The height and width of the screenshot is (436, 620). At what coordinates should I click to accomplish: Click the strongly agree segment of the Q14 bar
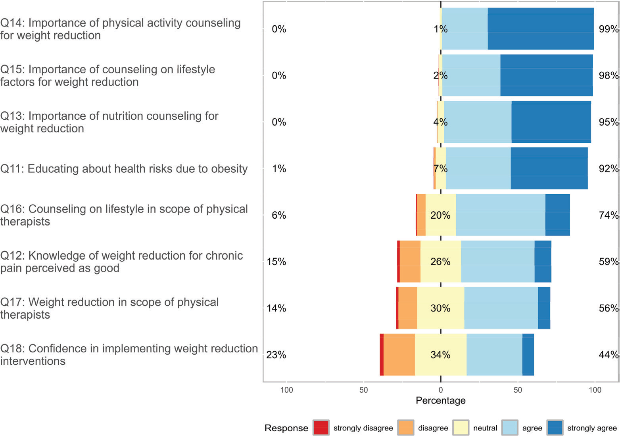pyautogui.click(x=541, y=29)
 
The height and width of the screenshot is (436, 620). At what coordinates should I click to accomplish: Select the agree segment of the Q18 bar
pyautogui.click(x=494, y=355)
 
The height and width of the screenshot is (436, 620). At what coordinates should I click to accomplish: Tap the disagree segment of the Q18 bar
pyautogui.click(x=399, y=355)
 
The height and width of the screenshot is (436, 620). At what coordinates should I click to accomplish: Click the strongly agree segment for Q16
pyautogui.click(x=557, y=215)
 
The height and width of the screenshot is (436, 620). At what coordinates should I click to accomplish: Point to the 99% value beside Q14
pyautogui.click(x=608, y=29)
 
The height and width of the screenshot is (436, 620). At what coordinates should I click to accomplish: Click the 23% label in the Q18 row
pyautogui.click(x=276, y=355)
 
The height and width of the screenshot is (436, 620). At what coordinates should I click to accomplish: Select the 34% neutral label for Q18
pyautogui.click(x=440, y=355)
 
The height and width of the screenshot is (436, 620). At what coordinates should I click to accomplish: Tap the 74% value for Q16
pyautogui.click(x=608, y=215)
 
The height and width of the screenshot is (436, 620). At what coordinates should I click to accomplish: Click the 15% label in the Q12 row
pyautogui.click(x=276, y=262)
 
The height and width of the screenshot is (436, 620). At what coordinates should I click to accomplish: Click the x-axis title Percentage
pyautogui.click(x=440, y=400)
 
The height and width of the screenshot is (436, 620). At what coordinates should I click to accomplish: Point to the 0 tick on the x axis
pyautogui.click(x=441, y=390)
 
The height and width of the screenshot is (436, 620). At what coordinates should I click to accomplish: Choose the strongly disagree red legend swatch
pyautogui.click(x=321, y=428)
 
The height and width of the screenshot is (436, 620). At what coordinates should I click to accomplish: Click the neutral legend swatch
pyautogui.click(x=461, y=428)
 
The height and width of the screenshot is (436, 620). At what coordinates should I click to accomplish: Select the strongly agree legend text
pyautogui.click(x=592, y=428)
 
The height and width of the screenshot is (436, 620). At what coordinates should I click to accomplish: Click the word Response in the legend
pyautogui.click(x=286, y=428)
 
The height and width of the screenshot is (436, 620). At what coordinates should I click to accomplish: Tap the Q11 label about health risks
pyautogui.click(x=124, y=169)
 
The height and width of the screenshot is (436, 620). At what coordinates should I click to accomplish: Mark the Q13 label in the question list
pyautogui.click(x=109, y=122)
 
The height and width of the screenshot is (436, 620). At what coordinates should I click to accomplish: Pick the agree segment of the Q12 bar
pyautogui.click(x=497, y=262)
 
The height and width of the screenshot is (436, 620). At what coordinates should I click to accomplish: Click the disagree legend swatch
pyautogui.click(x=405, y=428)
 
